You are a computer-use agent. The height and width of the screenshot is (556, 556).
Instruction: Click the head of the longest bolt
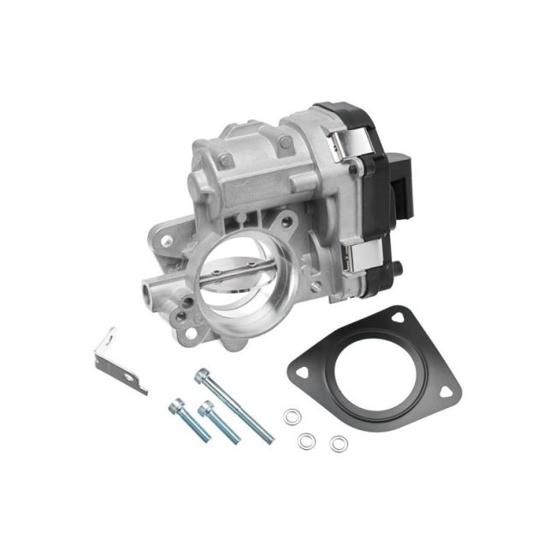coord(202,375)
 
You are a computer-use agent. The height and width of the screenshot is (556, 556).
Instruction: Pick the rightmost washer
coord(339,443)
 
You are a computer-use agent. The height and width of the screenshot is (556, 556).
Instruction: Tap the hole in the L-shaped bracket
coord(129,372)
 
